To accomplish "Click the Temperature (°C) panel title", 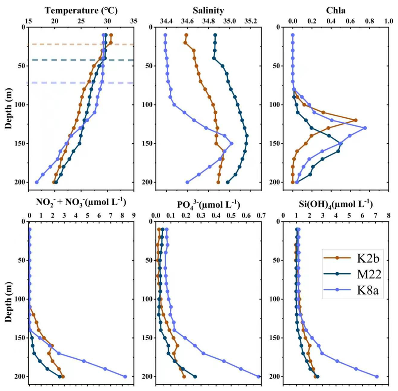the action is click(81, 11).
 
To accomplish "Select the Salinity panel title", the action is click(208, 11).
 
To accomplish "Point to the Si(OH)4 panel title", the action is click(336, 204).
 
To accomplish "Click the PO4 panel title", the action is click(208, 204).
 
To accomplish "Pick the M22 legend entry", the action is click(352, 274).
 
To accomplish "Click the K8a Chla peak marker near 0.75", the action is click(365, 128).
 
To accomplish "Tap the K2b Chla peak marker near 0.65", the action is click(356, 120).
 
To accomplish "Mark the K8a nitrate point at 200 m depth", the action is click(125, 376).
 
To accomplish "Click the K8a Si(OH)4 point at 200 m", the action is click(377, 376).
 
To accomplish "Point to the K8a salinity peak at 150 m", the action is click(231, 143).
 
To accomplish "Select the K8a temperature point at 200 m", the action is click(37, 182).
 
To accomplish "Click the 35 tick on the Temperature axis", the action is click(134, 21).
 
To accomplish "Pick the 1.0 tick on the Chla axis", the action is click(389, 21).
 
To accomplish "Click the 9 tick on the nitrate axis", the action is click(134, 215).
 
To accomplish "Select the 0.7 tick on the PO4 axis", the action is click(261, 215).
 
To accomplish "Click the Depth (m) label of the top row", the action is click(9, 109).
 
